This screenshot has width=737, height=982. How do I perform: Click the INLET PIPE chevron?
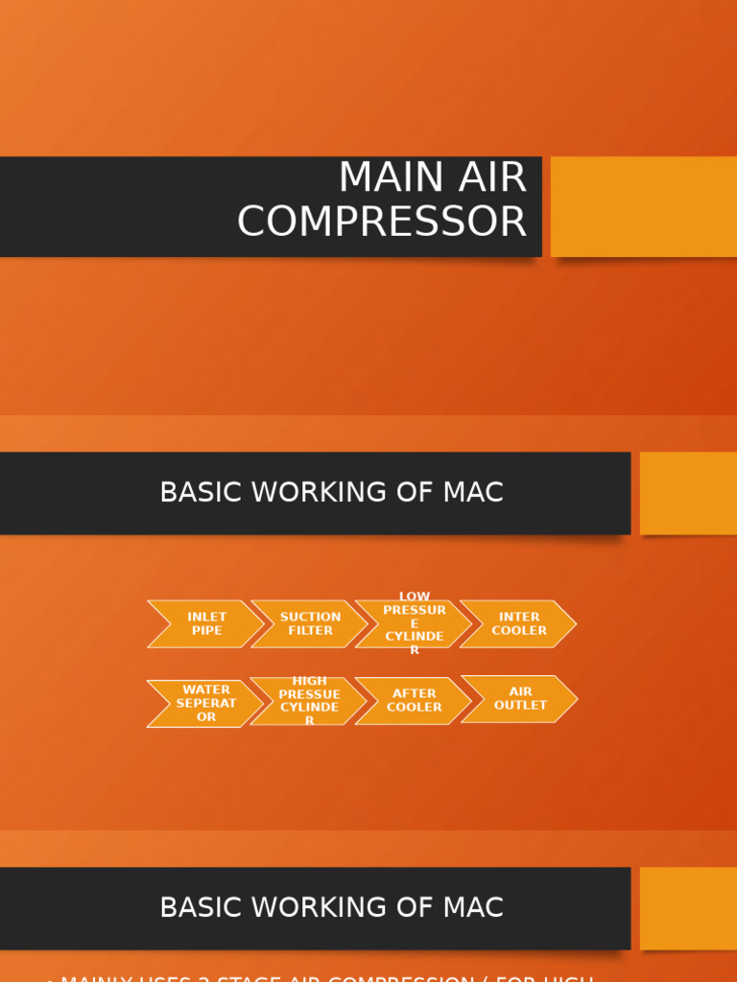point(206,624)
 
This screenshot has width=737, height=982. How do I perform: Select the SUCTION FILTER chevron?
point(310,624)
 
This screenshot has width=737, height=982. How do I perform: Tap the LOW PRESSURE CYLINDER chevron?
point(415,624)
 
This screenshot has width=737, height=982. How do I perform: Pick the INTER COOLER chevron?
point(519,624)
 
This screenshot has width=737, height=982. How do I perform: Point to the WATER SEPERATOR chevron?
point(206,704)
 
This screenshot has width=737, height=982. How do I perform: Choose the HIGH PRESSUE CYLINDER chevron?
point(309,701)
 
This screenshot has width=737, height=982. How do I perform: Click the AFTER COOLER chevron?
point(415,701)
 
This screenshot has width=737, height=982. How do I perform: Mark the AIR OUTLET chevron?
point(520,699)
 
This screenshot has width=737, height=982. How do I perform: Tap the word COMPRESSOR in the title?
point(382,222)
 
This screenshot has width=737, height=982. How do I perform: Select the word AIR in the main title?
point(490,178)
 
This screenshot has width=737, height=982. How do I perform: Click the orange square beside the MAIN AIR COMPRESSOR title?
point(644,206)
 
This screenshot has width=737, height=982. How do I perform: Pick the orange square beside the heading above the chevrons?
point(688,493)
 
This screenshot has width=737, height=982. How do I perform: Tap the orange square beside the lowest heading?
point(688,908)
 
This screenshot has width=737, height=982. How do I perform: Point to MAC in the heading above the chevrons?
point(473,493)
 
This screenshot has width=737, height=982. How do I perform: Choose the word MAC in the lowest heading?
point(473,908)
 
